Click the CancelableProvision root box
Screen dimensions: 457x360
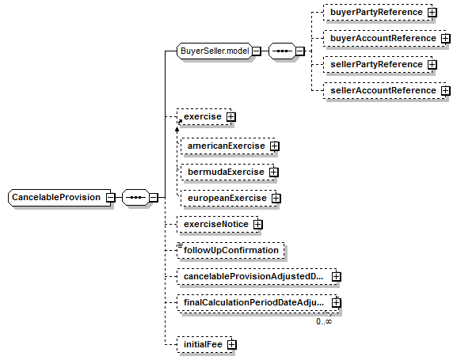[59, 198]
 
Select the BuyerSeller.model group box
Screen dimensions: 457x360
[215, 51]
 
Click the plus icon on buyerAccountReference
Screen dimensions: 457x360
[445, 39]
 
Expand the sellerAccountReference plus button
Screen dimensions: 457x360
[445, 90]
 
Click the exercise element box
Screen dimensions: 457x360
[204, 117]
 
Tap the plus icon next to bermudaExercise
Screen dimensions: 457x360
[274, 172]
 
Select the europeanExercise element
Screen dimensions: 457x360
[228, 198]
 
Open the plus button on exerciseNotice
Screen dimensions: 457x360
[257, 224]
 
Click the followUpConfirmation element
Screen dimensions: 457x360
[230, 250]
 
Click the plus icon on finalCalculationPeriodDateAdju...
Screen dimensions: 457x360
[337, 302]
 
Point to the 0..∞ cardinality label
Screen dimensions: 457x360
[324, 321]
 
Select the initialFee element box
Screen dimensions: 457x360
[204, 344]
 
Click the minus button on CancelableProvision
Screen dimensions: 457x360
[110, 198]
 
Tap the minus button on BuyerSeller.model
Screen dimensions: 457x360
[256, 51]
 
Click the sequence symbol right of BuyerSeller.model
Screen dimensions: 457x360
[282, 51]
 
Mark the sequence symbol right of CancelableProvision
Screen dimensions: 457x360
[135, 198]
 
